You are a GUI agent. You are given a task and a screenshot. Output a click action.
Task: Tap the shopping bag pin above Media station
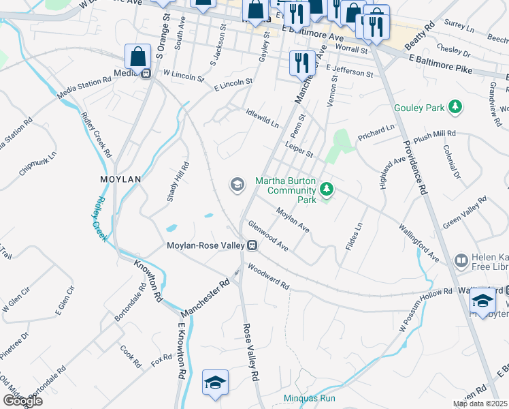[x=137, y=56]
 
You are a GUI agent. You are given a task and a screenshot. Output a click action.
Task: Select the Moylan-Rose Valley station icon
[x=252, y=245]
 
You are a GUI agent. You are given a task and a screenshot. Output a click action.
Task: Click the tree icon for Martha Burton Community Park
[x=327, y=187]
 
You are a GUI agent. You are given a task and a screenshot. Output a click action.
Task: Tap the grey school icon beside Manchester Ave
[x=237, y=185]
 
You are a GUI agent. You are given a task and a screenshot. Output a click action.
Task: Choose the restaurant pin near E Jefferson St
[x=302, y=63]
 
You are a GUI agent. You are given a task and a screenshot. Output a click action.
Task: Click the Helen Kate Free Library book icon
[x=461, y=260]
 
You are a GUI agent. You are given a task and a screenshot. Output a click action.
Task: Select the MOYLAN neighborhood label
[x=120, y=179]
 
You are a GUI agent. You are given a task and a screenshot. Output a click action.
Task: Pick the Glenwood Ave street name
[x=268, y=236]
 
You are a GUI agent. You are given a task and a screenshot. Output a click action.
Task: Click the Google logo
[x=22, y=401]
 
